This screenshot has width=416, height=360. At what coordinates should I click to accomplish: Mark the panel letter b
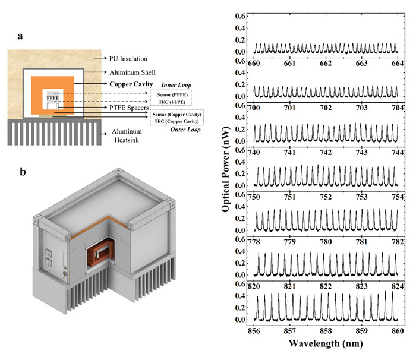pyautogui.click(x=23, y=172)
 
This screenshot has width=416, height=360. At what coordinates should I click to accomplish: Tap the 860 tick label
pyautogui.click(x=398, y=331)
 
